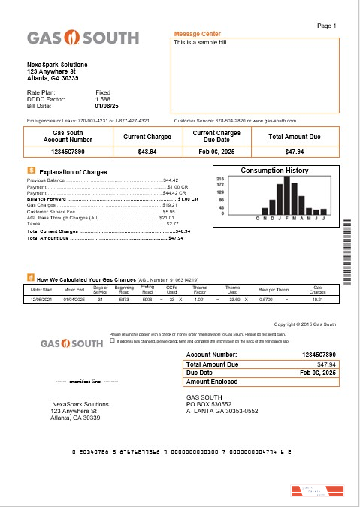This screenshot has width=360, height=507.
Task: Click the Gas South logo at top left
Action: [83, 38]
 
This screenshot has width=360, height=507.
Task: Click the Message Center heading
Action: [197, 34]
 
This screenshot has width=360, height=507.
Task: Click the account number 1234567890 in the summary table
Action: [68, 152]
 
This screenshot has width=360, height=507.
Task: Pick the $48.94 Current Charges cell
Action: [147, 152]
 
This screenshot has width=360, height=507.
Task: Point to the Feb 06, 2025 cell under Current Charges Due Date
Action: [216, 152]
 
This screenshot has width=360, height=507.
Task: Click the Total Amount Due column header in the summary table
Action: [295, 137]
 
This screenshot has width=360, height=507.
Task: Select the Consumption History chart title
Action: [274, 171]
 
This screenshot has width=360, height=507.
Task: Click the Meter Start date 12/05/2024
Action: [41, 300]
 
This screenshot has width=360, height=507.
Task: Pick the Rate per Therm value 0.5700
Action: [265, 300]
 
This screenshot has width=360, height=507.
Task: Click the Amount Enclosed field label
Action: [213, 382]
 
